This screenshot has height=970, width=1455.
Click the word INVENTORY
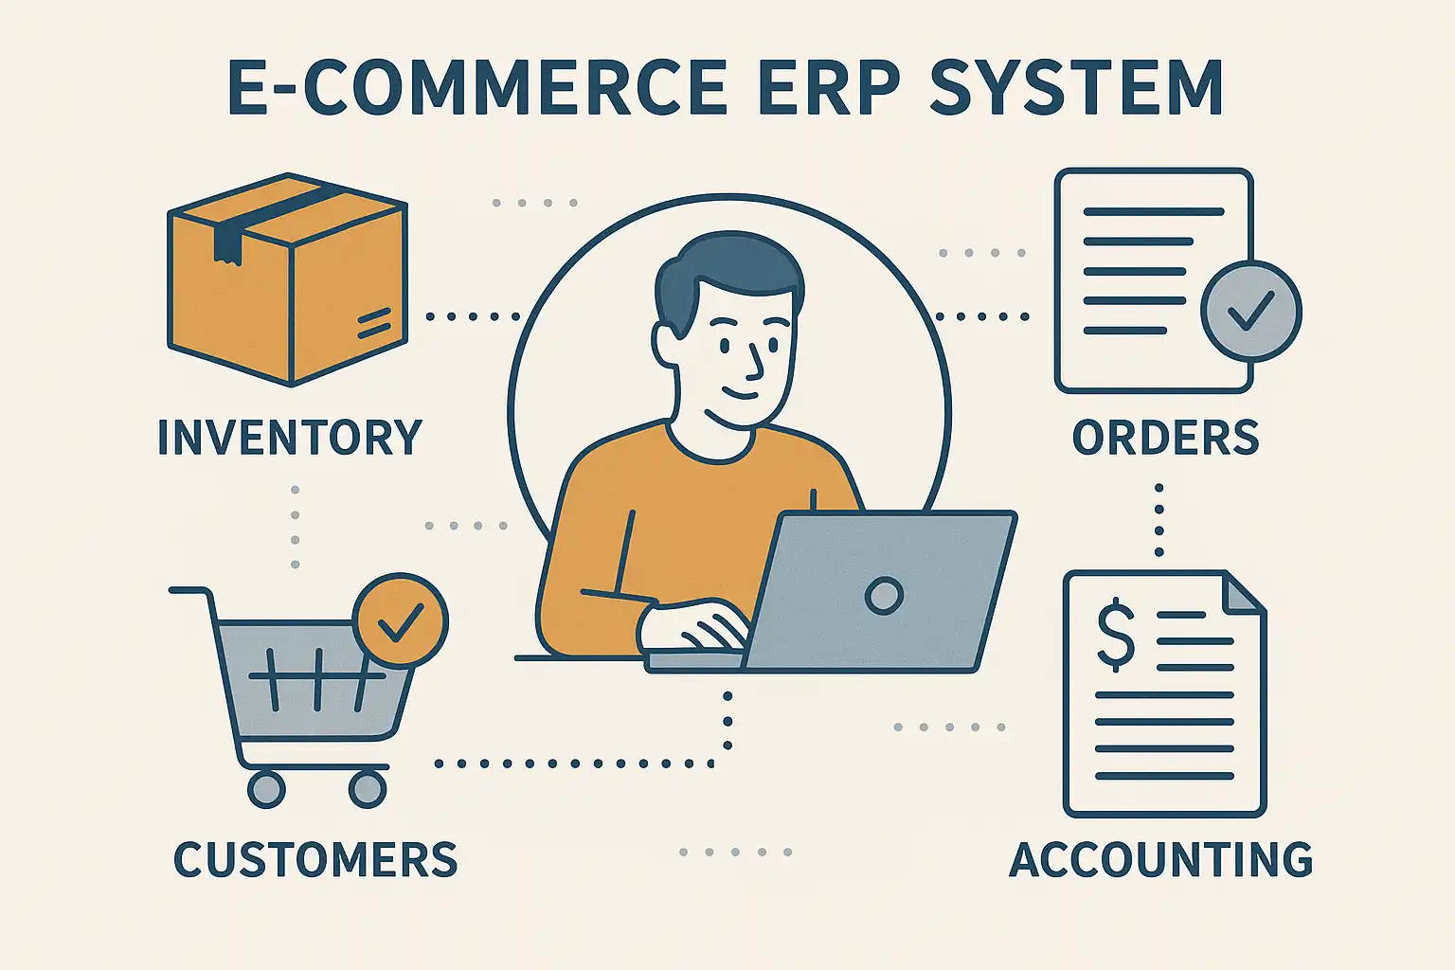point(289,438)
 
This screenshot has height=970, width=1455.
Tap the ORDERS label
point(1165,438)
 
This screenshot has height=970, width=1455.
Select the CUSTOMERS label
point(315,860)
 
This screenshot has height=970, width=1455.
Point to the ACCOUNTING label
point(1161,860)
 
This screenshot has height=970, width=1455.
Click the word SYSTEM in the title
point(1076,89)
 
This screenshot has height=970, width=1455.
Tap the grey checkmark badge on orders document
point(1250,311)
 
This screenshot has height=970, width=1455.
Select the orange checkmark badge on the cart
point(400,622)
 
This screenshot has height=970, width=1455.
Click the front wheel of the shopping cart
point(367,788)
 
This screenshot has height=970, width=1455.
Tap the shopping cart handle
point(189,591)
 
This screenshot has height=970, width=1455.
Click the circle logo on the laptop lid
point(884,595)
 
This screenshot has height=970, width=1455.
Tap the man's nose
point(755,360)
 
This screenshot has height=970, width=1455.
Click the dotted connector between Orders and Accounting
point(1159,521)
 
